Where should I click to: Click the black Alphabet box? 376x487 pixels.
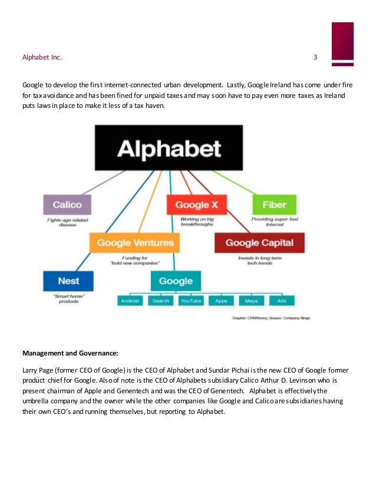click(x=169, y=147)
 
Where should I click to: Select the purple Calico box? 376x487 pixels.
click(x=67, y=205)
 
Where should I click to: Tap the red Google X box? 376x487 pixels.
click(x=193, y=205)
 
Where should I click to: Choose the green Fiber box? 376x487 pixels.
click(x=270, y=205)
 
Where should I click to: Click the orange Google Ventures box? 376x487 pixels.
click(x=135, y=242)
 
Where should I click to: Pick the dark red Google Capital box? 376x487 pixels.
click(x=259, y=242)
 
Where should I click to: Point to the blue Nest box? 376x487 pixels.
click(x=68, y=281)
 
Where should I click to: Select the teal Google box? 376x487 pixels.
click(x=176, y=281)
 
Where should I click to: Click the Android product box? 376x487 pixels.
click(x=130, y=301)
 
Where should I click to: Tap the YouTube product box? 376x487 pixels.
click(x=190, y=301)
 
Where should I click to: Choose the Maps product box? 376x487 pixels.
click(x=251, y=301)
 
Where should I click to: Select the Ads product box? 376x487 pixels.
click(x=282, y=301)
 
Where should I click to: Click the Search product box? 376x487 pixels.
click(x=160, y=301)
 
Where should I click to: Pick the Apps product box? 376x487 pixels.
click(x=221, y=301)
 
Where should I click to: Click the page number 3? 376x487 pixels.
click(x=315, y=57)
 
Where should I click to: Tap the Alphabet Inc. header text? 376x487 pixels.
click(x=42, y=57)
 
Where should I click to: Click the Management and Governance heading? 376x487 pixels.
click(x=70, y=354)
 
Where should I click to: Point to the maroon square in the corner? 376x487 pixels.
click(x=342, y=41)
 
